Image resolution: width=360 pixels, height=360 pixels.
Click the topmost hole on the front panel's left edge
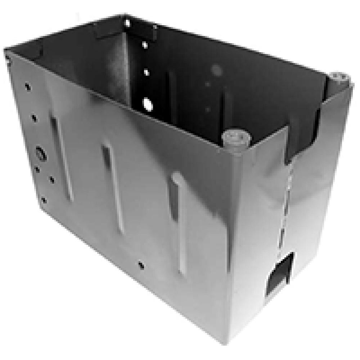(x=28, y=87)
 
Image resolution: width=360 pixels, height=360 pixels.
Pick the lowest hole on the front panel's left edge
(x=43, y=200)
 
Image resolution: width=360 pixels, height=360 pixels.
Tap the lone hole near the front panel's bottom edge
(x=141, y=265)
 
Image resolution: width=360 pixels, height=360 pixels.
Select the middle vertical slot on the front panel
(x=113, y=187)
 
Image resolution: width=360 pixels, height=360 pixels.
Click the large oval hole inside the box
(x=148, y=104)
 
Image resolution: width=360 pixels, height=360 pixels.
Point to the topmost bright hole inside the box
(x=127, y=23)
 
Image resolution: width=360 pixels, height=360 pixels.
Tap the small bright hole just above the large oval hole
(x=147, y=72)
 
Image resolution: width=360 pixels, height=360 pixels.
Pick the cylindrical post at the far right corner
(x=339, y=78)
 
